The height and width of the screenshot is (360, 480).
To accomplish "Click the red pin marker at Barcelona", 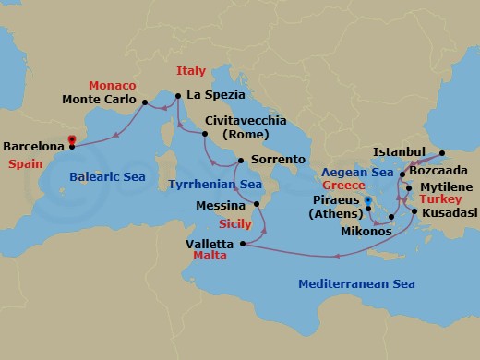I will (x=72, y=141).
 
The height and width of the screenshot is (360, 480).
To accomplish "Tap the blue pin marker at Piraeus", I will (x=366, y=200).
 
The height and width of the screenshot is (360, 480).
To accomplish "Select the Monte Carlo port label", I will (x=100, y=100).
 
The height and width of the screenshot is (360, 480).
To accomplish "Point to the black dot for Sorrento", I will (x=240, y=161).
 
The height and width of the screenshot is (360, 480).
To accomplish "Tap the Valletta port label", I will (x=210, y=243).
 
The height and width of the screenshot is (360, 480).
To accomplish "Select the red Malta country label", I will (x=210, y=256).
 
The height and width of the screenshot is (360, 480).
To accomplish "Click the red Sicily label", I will (x=234, y=223).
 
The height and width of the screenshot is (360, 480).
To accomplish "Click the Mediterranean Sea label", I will (x=350, y=284).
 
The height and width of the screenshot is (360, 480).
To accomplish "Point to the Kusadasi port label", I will (x=450, y=212).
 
